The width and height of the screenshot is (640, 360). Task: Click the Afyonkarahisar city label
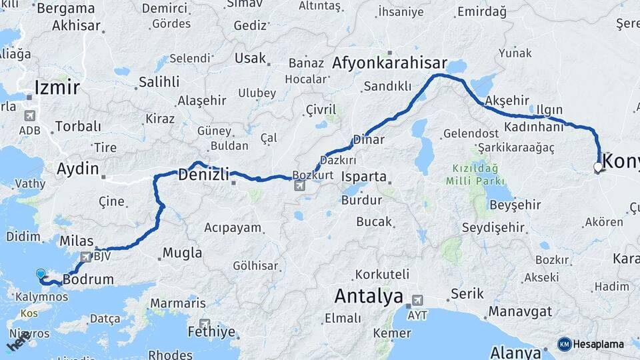[x=389, y=63]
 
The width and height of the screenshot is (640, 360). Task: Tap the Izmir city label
[x=57, y=87]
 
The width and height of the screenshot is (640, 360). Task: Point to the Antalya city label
[x=369, y=295]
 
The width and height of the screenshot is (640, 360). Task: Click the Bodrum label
[x=89, y=279]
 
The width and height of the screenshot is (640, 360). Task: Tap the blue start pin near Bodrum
[x=41, y=274]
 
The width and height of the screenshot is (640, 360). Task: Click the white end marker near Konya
[x=597, y=167]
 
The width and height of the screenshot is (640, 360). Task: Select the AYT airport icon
[x=417, y=300]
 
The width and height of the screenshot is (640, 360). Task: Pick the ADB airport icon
[x=29, y=115]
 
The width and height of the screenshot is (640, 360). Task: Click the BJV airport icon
[x=85, y=257]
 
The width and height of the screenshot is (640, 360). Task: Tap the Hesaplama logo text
[x=597, y=344]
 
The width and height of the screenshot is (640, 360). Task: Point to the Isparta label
[x=363, y=177]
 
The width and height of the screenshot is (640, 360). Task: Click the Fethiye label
[x=212, y=332]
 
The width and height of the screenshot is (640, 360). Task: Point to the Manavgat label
[x=520, y=311]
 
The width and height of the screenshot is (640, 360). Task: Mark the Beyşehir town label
[x=513, y=205]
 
